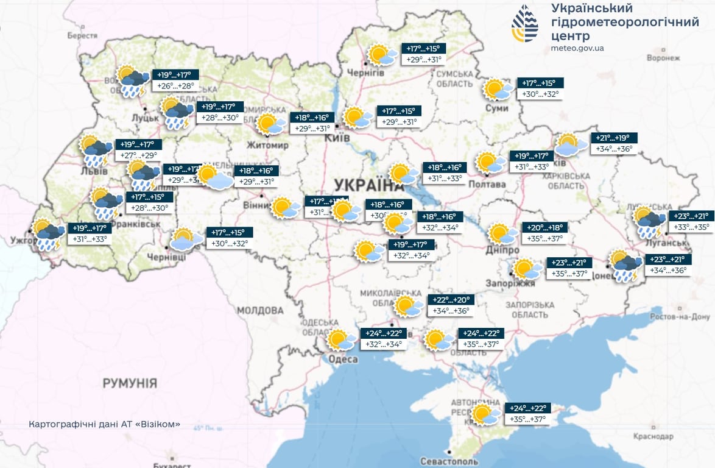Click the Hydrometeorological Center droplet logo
(525, 24)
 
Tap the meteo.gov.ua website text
(577, 48)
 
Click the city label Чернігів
(367, 73)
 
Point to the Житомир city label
(267, 146)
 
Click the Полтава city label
(488, 184)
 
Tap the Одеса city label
(343, 360)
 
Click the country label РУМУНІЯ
(130, 383)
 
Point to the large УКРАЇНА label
(365, 185)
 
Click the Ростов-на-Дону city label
(680, 317)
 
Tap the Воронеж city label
(663, 58)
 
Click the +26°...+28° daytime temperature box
(175, 86)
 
